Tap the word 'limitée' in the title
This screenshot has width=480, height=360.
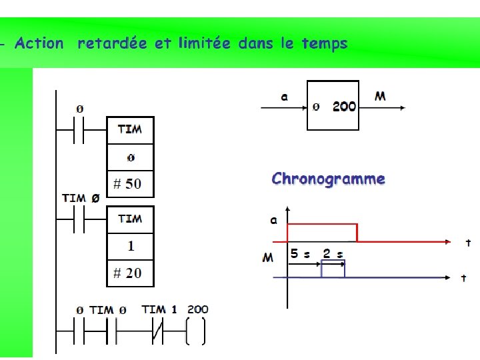204,44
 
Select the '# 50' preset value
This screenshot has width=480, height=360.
127,183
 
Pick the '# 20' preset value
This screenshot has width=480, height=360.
127,273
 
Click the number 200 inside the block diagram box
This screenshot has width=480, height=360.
344,106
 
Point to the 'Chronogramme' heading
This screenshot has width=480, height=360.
328,179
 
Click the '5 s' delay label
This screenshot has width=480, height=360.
300,254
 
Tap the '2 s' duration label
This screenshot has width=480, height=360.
333,254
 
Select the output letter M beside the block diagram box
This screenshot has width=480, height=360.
380,97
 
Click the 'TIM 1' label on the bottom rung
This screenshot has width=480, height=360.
159,309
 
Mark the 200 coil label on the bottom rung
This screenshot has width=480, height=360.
197,309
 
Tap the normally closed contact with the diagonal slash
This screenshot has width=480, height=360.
157,332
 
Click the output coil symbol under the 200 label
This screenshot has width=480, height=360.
195,332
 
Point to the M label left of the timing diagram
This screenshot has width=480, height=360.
268,257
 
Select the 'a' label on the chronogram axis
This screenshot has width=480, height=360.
273,221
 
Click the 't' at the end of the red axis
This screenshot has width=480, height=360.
468,244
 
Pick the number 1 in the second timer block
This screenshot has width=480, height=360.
131,245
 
